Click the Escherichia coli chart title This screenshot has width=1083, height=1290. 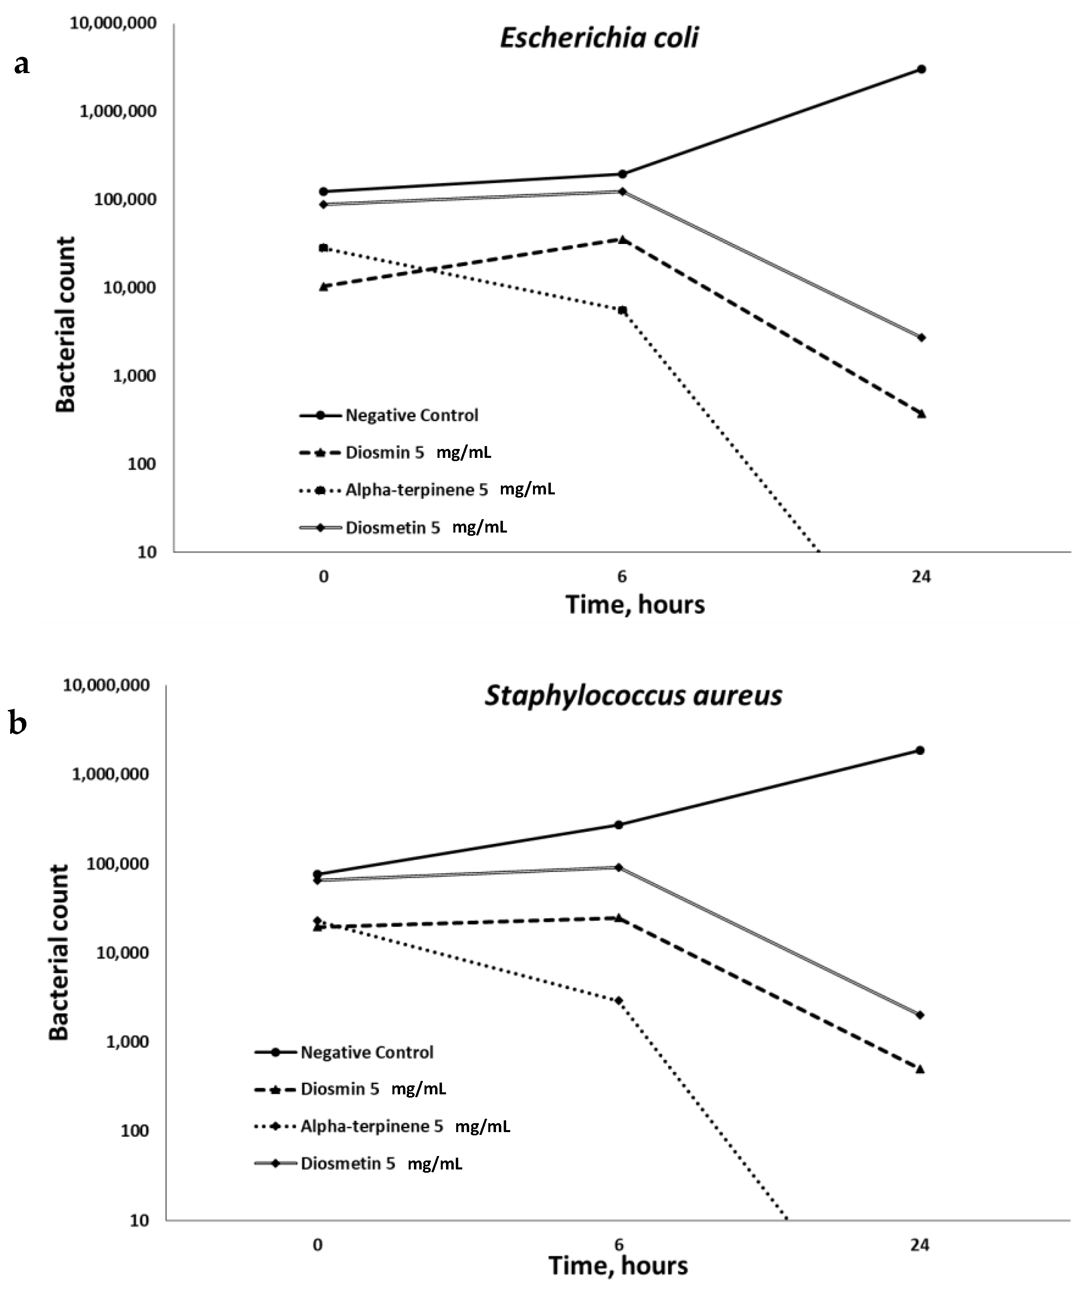[599, 38]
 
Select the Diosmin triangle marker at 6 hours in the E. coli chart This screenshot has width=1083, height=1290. [623, 239]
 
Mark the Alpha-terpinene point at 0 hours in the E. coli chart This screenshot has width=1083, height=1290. [323, 248]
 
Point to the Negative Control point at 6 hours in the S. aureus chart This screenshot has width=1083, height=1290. [619, 825]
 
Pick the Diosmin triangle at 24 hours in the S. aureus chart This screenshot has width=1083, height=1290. [920, 1070]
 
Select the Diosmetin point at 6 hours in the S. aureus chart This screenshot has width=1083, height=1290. [619, 867]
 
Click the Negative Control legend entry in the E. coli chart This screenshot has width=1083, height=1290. [412, 415]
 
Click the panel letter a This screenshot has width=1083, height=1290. [22, 64]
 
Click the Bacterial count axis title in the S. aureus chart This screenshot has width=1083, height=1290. [60, 953]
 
